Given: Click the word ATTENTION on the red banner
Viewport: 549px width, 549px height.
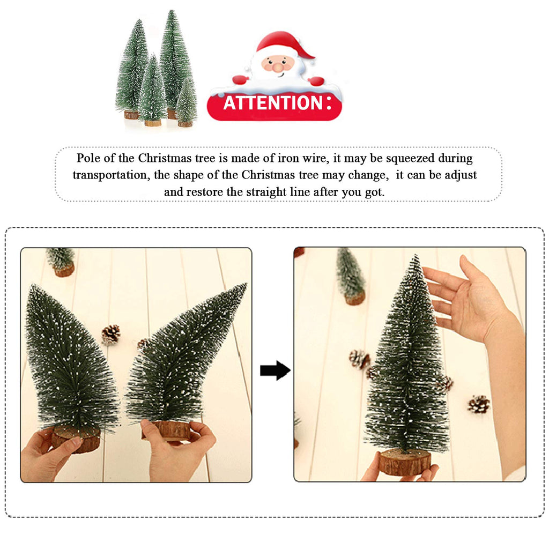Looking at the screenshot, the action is coord(273,103).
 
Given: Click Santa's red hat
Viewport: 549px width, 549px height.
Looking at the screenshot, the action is coord(284,44).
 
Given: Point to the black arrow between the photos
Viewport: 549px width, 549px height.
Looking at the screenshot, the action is coord(275,370).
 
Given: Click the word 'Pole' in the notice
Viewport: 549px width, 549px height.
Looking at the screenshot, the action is coord(88,158).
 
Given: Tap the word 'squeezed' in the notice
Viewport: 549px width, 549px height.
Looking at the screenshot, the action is coord(410,159).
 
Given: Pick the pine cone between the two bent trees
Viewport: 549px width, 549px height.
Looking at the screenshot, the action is coord(111,335).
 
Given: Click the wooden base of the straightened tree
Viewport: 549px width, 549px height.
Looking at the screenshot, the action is coord(405,462).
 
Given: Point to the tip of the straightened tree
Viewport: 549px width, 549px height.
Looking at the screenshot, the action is coord(416,255).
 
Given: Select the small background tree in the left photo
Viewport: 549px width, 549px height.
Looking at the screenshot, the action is coord(61,262).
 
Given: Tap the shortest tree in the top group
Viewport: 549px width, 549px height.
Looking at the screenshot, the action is coord(186,103).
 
